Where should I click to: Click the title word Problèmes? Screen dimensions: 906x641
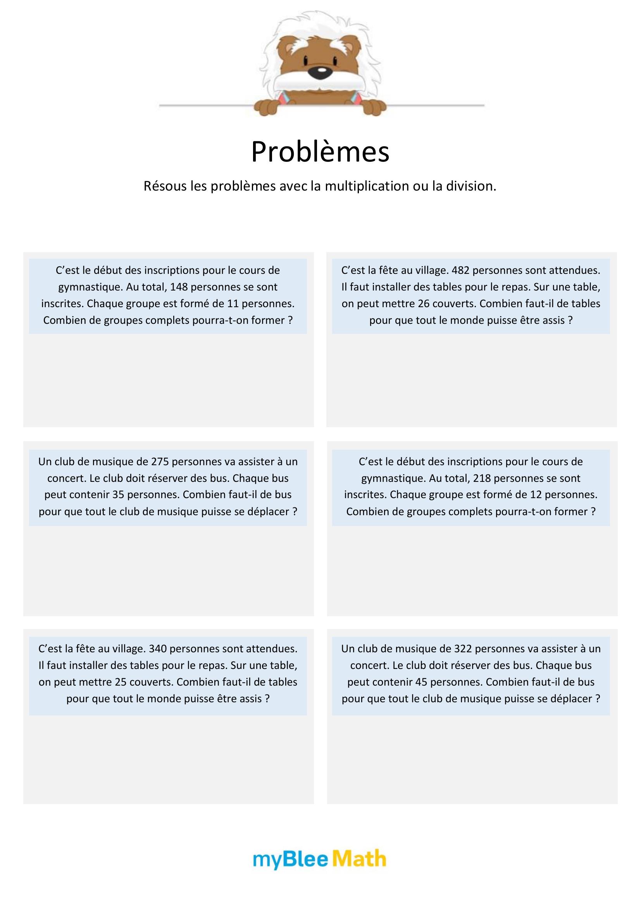pyautogui.click(x=320, y=152)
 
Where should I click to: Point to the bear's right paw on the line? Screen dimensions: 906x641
pyautogui.click(x=372, y=107)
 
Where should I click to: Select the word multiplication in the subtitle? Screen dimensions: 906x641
pyautogui.click(x=367, y=186)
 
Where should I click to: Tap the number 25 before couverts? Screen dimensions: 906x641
pyautogui.click(x=121, y=682)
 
